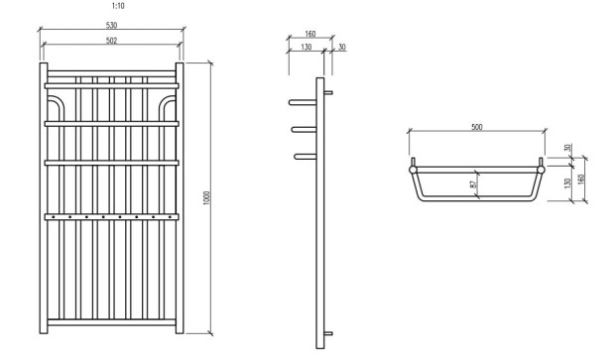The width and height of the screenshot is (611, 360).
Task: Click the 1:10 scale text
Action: click(119, 6)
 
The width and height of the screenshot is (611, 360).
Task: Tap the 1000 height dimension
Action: click(205, 198)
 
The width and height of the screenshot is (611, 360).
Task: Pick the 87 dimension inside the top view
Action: click(473, 184)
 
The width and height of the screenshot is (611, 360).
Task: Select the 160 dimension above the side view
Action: click(309, 34)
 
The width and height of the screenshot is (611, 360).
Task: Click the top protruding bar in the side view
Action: click(302, 101)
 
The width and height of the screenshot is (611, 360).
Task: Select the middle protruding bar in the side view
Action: click(304, 128)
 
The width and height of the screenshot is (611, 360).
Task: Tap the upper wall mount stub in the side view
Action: click(328, 93)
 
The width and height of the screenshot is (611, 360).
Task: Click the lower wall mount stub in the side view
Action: click(328, 333)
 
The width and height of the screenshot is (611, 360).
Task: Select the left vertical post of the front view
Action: click(43, 198)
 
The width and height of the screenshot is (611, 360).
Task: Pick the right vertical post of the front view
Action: click(182, 198)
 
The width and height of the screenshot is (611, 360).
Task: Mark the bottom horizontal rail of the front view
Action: click(112, 322)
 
